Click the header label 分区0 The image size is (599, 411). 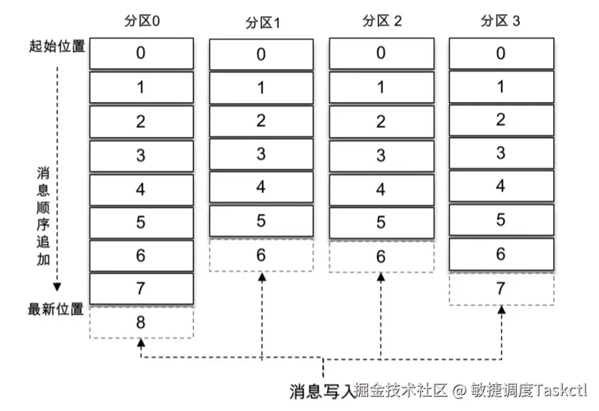coord(142,21)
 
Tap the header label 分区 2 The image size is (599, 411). coord(382,21)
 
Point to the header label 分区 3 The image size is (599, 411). coord(501,21)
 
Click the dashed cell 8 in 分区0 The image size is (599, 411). coord(141,322)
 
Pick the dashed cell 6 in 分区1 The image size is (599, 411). coord(261,255)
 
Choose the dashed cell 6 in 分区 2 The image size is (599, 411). coord(381,256)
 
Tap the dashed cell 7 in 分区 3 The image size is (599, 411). coord(501,288)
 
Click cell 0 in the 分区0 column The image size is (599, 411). coord(141,53)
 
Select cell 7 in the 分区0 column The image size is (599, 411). coord(141,288)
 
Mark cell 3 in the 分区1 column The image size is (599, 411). coord(261,154)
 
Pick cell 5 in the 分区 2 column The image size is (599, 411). coord(381,222)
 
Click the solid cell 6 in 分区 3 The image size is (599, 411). coord(501,255)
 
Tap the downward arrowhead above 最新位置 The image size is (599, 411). coord(58,287)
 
